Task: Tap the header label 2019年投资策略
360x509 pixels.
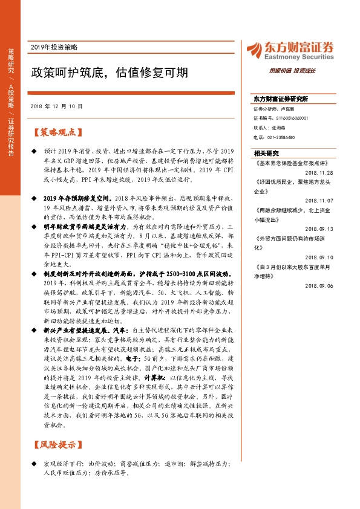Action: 58,47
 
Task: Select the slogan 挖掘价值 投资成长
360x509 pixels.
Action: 292,71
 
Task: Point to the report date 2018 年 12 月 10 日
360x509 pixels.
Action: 56,106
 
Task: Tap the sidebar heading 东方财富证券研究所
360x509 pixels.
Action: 281,98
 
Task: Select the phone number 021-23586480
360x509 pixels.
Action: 279,137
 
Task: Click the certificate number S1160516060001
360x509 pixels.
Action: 286,118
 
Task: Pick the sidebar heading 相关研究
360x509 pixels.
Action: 266,154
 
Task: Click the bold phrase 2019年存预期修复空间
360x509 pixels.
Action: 78,198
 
